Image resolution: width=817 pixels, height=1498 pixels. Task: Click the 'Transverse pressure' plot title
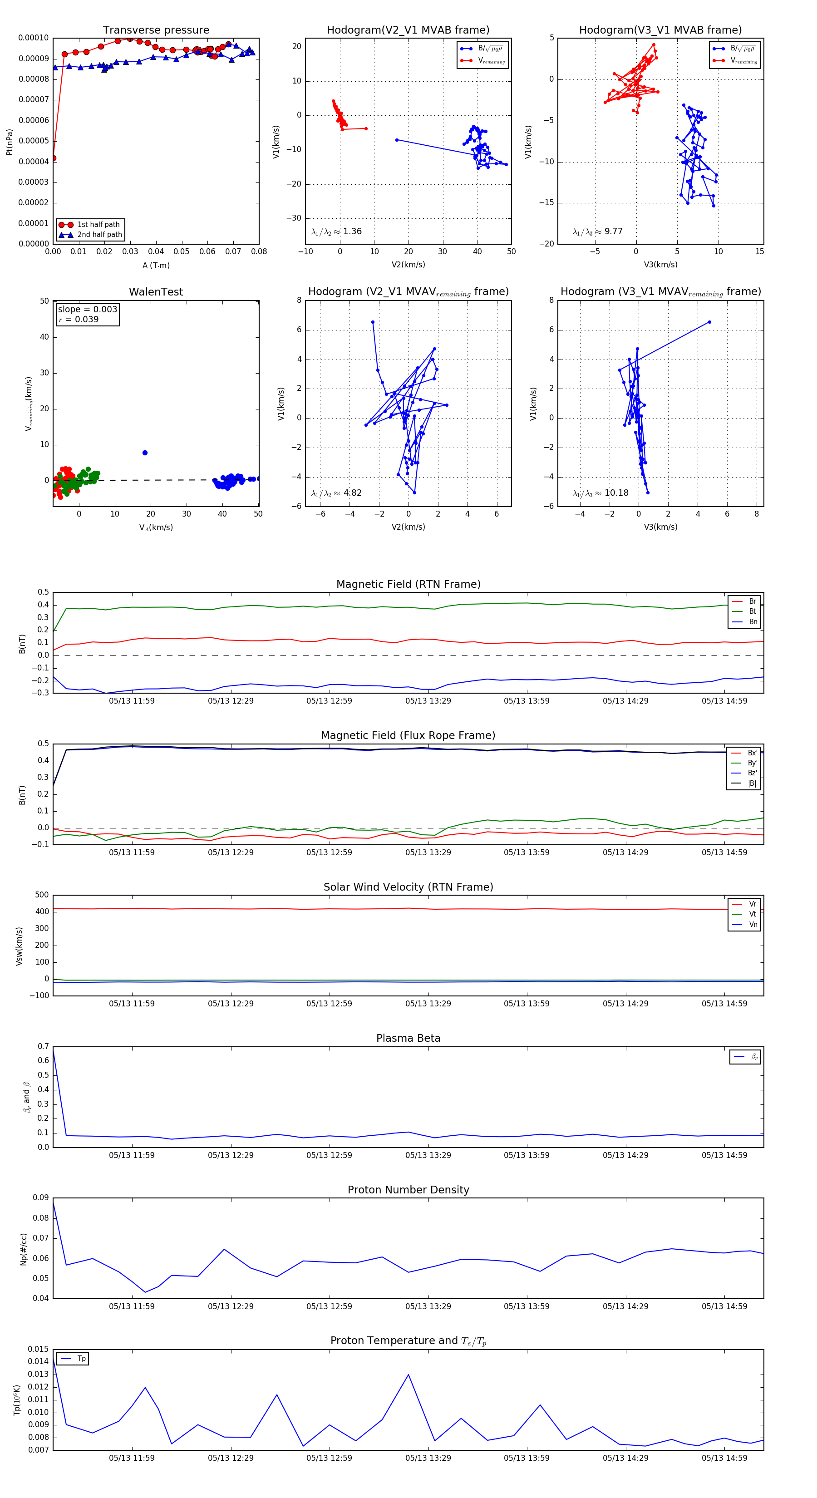pos(156,30)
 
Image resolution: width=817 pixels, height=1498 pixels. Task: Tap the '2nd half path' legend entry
pos(99,235)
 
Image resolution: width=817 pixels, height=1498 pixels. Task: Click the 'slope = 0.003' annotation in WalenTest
pos(87,310)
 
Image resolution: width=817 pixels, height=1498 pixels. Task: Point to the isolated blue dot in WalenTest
pos(145,453)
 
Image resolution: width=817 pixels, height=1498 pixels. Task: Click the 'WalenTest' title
pos(156,292)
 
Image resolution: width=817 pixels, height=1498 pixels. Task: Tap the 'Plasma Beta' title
pos(408,1039)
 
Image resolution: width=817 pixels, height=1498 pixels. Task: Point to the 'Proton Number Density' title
pos(408,1190)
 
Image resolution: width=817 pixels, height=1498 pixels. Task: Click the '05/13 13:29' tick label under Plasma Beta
pos(428,1155)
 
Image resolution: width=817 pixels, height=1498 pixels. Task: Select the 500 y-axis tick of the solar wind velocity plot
pos(42,895)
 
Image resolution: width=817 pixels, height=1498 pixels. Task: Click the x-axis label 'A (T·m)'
pos(156,266)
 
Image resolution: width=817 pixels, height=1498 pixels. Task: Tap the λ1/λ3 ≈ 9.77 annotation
pos(597,232)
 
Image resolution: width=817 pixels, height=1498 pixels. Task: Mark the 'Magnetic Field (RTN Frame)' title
pos(408,584)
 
